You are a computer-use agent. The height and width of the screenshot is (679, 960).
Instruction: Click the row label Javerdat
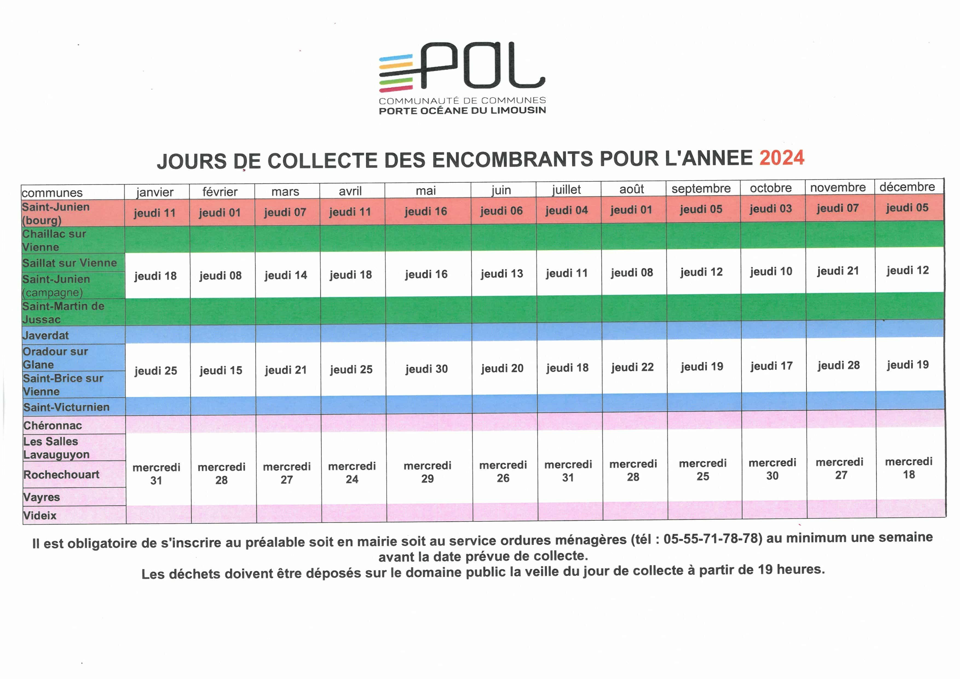46,335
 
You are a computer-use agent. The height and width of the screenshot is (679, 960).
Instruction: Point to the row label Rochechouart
62,474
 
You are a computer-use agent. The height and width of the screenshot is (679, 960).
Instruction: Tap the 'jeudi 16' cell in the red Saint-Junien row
426,211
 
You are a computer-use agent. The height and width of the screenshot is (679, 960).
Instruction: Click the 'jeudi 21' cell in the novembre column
838,271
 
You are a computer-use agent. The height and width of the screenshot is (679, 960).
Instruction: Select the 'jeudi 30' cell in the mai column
426,369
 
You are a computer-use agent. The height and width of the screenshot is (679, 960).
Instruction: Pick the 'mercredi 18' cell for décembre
909,468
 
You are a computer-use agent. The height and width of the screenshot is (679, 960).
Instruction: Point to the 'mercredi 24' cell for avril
352,473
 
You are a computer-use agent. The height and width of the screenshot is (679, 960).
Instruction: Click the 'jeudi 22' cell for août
632,367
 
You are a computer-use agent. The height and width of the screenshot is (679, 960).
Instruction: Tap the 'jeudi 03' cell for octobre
771,209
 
